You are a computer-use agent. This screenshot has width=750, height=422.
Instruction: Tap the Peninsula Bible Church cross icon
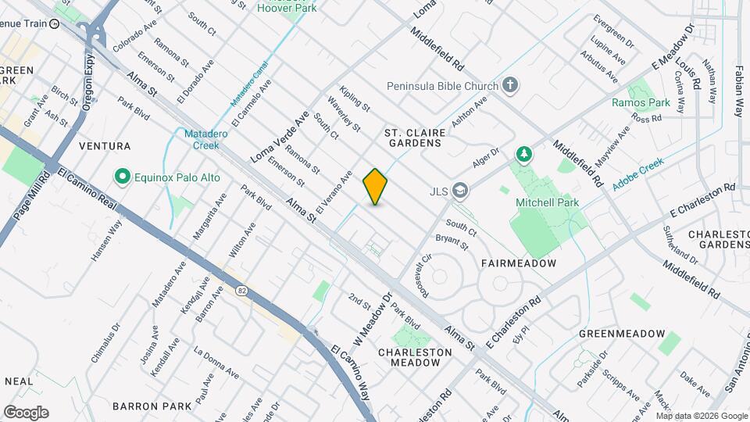tap(510, 84)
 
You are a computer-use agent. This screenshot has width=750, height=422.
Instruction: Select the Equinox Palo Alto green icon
tap(121, 177)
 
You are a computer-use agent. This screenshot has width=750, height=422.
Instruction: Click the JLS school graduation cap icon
tap(462, 190)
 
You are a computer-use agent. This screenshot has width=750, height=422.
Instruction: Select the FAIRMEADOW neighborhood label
tap(519, 263)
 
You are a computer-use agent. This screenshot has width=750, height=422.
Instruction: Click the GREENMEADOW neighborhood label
tap(622, 334)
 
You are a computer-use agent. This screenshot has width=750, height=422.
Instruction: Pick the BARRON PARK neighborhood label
tap(152, 406)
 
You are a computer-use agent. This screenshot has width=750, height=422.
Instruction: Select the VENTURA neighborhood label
tap(104, 146)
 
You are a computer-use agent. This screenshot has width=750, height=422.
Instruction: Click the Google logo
tap(26, 413)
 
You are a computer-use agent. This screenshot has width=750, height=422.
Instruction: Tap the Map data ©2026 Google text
tap(702, 416)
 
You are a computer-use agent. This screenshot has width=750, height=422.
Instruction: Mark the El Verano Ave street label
tap(334, 192)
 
